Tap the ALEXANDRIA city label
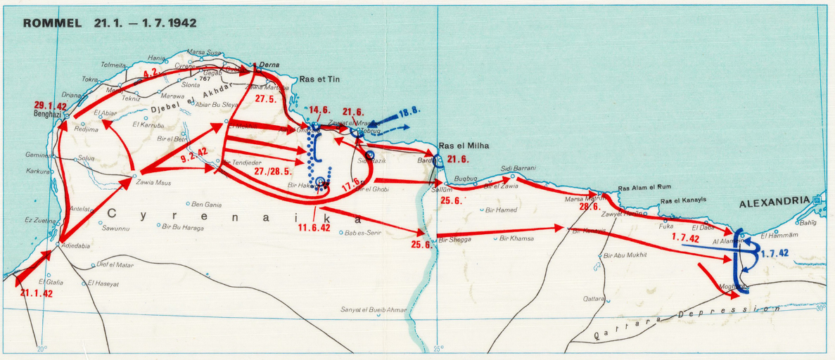(773, 202)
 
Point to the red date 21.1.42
(37, 292)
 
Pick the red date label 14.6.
(319, 110)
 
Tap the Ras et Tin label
(319, 80)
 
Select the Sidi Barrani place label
(518, 168)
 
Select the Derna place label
(269, 65)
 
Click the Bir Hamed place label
(501, 210)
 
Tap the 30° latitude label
(820, 308)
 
